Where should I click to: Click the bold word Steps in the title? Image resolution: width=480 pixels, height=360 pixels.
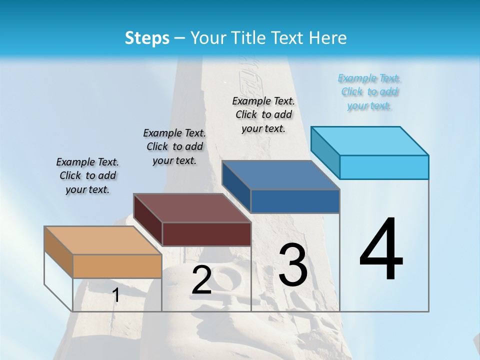[x=147, y=38]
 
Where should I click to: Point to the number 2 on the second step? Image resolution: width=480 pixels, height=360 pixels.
[x=201, y=280]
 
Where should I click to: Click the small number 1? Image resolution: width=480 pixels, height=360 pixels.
[x=116, y=295]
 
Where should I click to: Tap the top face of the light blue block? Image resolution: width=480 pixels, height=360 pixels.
[x=370, y=141]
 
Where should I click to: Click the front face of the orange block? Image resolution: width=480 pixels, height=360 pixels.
[x=117, y=266]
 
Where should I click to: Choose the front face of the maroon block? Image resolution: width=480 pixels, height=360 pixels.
[x=206, y=234]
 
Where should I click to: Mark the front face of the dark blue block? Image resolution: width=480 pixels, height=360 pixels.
[x=295, y=201]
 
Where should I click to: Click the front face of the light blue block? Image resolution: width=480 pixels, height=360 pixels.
[x=384, y=167]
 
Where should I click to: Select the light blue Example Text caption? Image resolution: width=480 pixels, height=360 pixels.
[x=369, y=92]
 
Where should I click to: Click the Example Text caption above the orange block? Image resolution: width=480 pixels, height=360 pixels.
[x=87, y=175]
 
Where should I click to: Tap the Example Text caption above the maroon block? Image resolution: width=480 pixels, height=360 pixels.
[x=174, y=146]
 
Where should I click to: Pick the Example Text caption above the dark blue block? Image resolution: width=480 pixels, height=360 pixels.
[x=263, y=114]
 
